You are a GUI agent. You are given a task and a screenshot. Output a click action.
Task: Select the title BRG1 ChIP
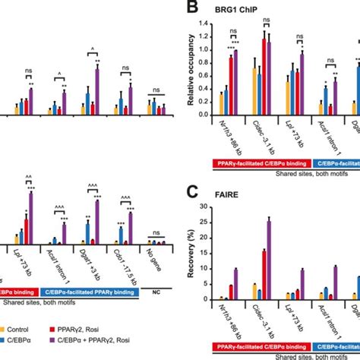click(238, 11)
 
